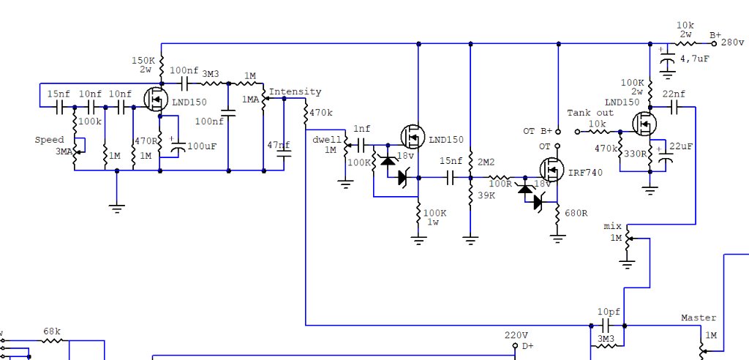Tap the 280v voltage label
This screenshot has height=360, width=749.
(x=734, y=42)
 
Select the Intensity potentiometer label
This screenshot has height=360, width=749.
(x=296, y=92)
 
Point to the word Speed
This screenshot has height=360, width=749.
(x=50, y=140)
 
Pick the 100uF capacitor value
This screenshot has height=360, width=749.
(x=202, y=146)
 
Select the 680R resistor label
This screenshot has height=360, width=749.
(x=576, y=214)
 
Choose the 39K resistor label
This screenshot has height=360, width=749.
(x=484, y=196)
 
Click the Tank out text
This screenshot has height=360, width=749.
(x=591, y=113)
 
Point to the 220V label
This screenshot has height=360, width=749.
(x=516, y=335)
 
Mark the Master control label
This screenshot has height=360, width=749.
(x=699, y=318)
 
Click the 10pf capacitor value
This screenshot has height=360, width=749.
(x=609, y=311)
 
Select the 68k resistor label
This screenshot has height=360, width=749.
(x=52, y=331)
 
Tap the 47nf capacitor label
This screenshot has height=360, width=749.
(x=278, y=145)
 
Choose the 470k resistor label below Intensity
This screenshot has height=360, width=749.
(x=321, y=113)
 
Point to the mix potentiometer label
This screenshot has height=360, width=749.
(x=613, y=226)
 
